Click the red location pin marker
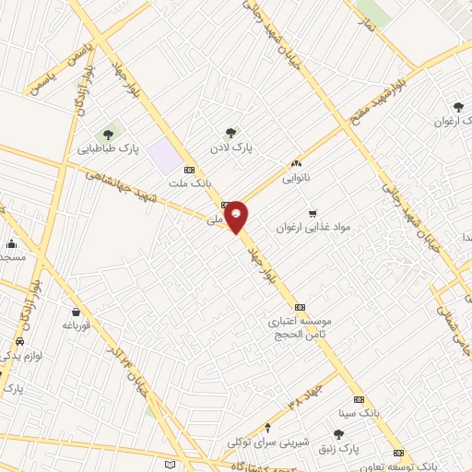[x=237, y=216]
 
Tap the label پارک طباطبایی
[x=107, y=148]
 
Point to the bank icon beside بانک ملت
[x=190, y=170]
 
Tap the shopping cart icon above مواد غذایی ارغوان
[x=313, y=213]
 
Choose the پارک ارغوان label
[x=453, y=121]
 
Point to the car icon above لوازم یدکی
[x=19, y=341]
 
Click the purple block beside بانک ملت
[x=163, y=154]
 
